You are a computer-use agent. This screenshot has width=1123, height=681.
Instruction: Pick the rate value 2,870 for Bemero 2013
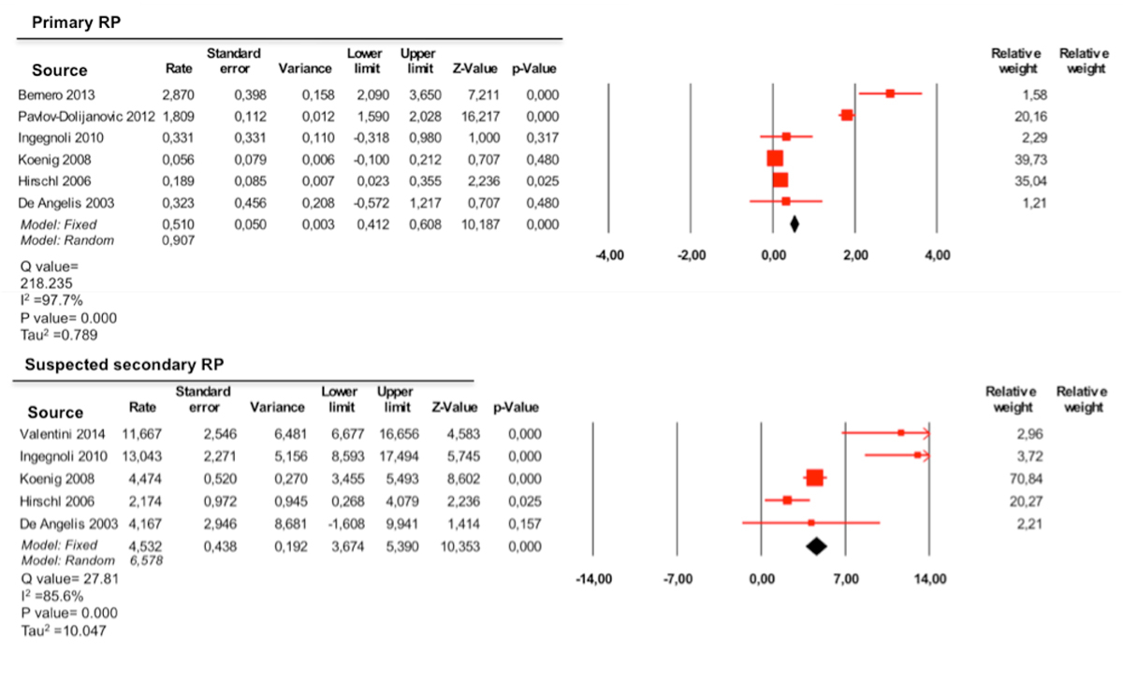tap(179, 95)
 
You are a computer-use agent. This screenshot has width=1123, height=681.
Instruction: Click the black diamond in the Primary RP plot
tap(795, 224)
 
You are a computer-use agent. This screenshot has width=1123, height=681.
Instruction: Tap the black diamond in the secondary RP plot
tap(815, 545)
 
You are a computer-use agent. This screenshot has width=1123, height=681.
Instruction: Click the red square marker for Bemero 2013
tap(890, 94)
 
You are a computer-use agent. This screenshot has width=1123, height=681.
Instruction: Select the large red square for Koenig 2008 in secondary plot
tap(814, 478)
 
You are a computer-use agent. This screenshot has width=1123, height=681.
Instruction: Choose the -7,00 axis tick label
tap(677, 580)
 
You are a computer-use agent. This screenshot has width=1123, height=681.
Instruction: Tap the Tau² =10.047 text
tap(63, 631)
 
